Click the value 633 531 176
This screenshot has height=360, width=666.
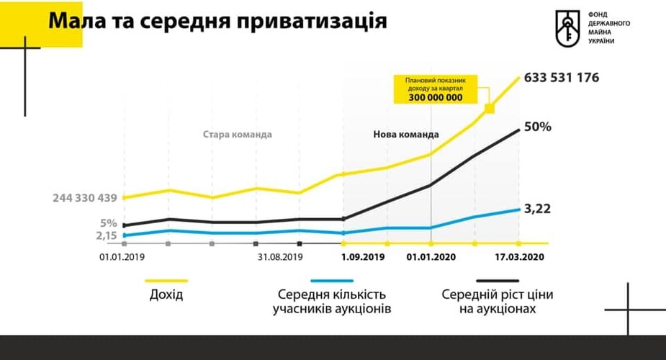562,77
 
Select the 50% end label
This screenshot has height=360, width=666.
537,127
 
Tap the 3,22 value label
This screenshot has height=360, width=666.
537,209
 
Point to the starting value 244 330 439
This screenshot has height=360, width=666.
84,197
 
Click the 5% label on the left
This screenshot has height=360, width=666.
108,222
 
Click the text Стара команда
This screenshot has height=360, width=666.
238,135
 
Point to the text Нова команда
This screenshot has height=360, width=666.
406,135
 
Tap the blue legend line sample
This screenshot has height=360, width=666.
331,281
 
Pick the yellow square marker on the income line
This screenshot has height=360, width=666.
489,109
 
